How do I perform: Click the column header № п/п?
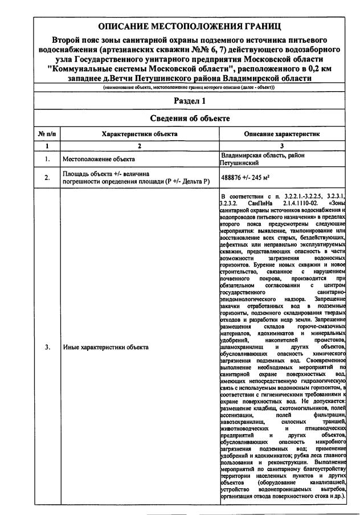click(x=47, y=134)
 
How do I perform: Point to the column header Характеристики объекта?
click(x=140, y=134)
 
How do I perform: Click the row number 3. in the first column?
click(x=47, y=347)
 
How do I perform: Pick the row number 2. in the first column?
click(x=47, y=177)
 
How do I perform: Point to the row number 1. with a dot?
click(x=47, y=159)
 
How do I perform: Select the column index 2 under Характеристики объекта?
click(x=140, y=146)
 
